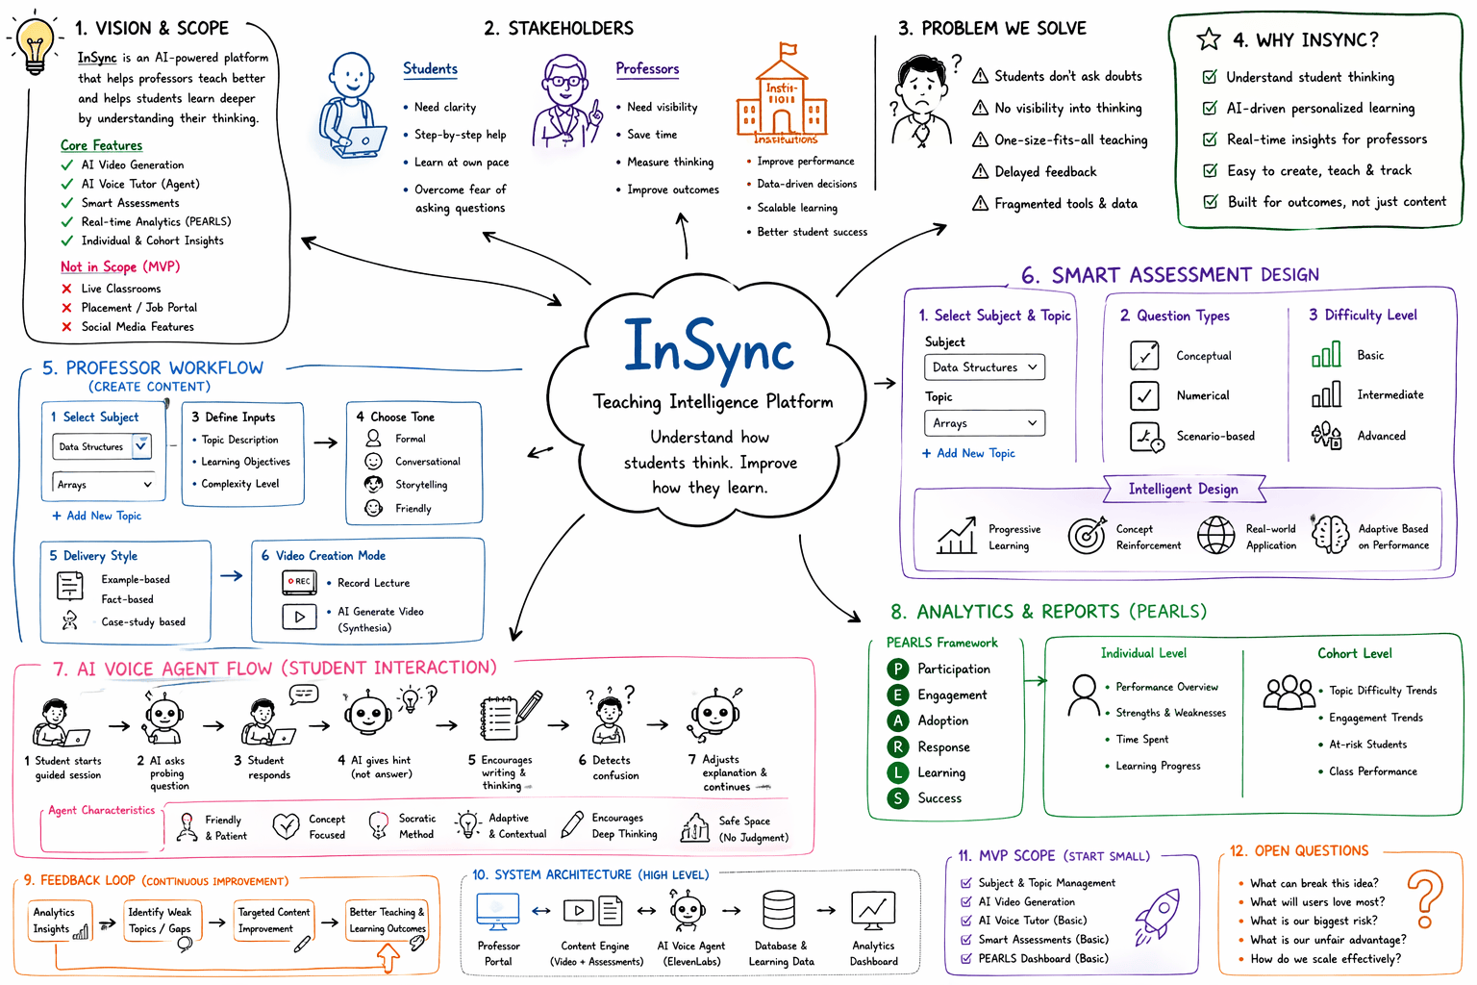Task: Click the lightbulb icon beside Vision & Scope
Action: point(35,45)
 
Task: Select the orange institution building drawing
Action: point(782,92)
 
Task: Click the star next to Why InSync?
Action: point(1209,38)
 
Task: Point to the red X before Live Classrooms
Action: point(66,289)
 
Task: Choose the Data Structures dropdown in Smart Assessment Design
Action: point(985,366)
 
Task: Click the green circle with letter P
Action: point(897,669)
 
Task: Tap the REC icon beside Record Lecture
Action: point(299,582)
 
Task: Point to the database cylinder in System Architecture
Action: point(779,910)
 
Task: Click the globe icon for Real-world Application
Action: point(1215,535)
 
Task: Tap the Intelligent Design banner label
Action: point(1183,489)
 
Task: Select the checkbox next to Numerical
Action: point(1144,395)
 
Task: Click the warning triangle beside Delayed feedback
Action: point(981,171)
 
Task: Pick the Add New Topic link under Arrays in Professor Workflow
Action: point(97,516)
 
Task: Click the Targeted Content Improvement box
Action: point(274,922)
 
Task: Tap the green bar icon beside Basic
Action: point(1326,354)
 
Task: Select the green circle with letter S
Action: point(897,799)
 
